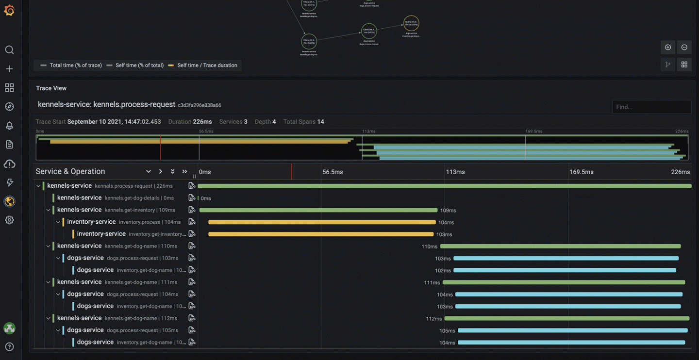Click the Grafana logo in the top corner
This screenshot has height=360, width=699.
click(9, 10)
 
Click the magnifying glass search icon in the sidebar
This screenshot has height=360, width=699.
click(9, 50)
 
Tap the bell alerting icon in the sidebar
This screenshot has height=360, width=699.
click(9, 126)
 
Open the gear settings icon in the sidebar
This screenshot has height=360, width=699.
click(9, 220)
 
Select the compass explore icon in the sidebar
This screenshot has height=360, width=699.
click(9, 107)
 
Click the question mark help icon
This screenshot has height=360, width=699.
click(9, 347)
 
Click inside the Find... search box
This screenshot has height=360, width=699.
click(651, 107)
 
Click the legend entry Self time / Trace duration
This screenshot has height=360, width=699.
click(207, 65)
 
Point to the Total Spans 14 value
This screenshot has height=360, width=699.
click(303, 122)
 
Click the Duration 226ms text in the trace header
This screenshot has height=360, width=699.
click(190, 122)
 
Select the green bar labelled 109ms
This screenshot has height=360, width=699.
click(318, 210)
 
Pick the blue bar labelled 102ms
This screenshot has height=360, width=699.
click(565, 270)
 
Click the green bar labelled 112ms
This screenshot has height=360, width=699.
click(566, 318)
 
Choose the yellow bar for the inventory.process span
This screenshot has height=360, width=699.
click(322, 222)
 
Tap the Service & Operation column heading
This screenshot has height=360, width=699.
click(70, 171)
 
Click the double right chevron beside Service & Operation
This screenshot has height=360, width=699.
click(184, 171)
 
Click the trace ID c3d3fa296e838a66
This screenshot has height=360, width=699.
click(200, 105)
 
